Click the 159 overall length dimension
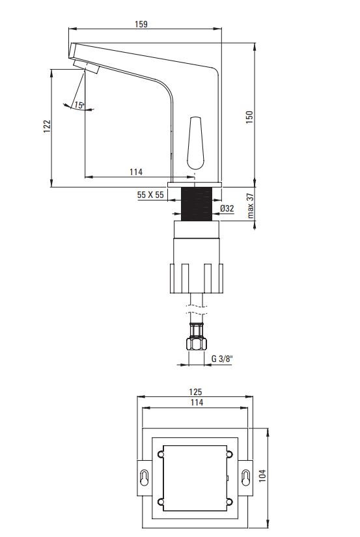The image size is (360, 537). click(x=141, y=24)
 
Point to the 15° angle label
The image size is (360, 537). click(x=78, y=104)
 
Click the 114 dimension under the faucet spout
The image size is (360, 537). click(x=135, y=172)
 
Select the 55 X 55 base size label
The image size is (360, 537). click(x=150, y=194)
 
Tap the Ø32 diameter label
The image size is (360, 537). click(x=227, y=208)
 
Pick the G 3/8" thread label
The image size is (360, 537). click(x=223, y=357)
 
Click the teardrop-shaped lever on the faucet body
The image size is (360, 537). click(x=195, y=141)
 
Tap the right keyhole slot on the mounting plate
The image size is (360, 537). click(x=245, y=476)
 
